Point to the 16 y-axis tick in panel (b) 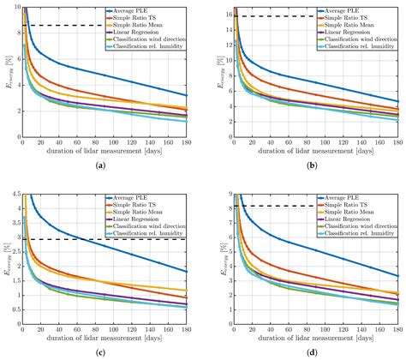224,15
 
